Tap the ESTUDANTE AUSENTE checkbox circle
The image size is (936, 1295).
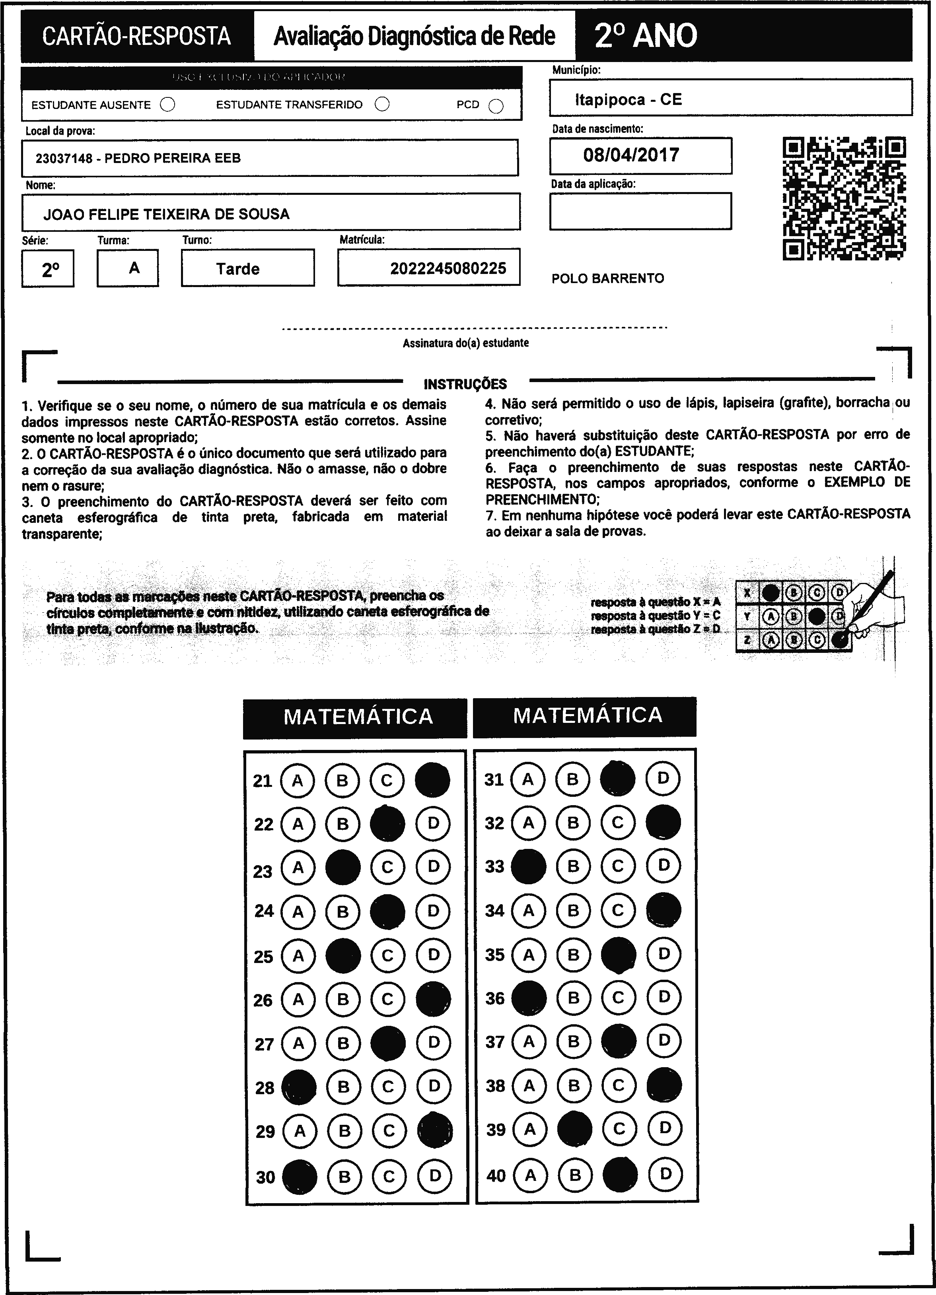click(x=167, y=105)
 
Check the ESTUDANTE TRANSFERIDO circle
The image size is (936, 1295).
click(x=382, y=105)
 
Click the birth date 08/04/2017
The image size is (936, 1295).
click(x=631, y=155)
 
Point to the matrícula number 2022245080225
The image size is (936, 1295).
click(x=448, y=268)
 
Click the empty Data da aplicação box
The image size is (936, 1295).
click(x=640, y=211)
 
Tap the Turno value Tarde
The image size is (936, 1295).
click(x=237, y=269)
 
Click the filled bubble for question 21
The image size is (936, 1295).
click(x=432, y=780)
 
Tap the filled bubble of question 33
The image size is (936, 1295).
click(x=528, y=866)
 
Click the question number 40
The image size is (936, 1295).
click(x=496, y=1176)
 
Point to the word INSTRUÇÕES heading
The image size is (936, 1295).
click(x=465, y=384)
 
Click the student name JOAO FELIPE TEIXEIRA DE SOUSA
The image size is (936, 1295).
click(x=166, y=215)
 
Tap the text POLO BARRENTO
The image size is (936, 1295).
click(x=608, y=279)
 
